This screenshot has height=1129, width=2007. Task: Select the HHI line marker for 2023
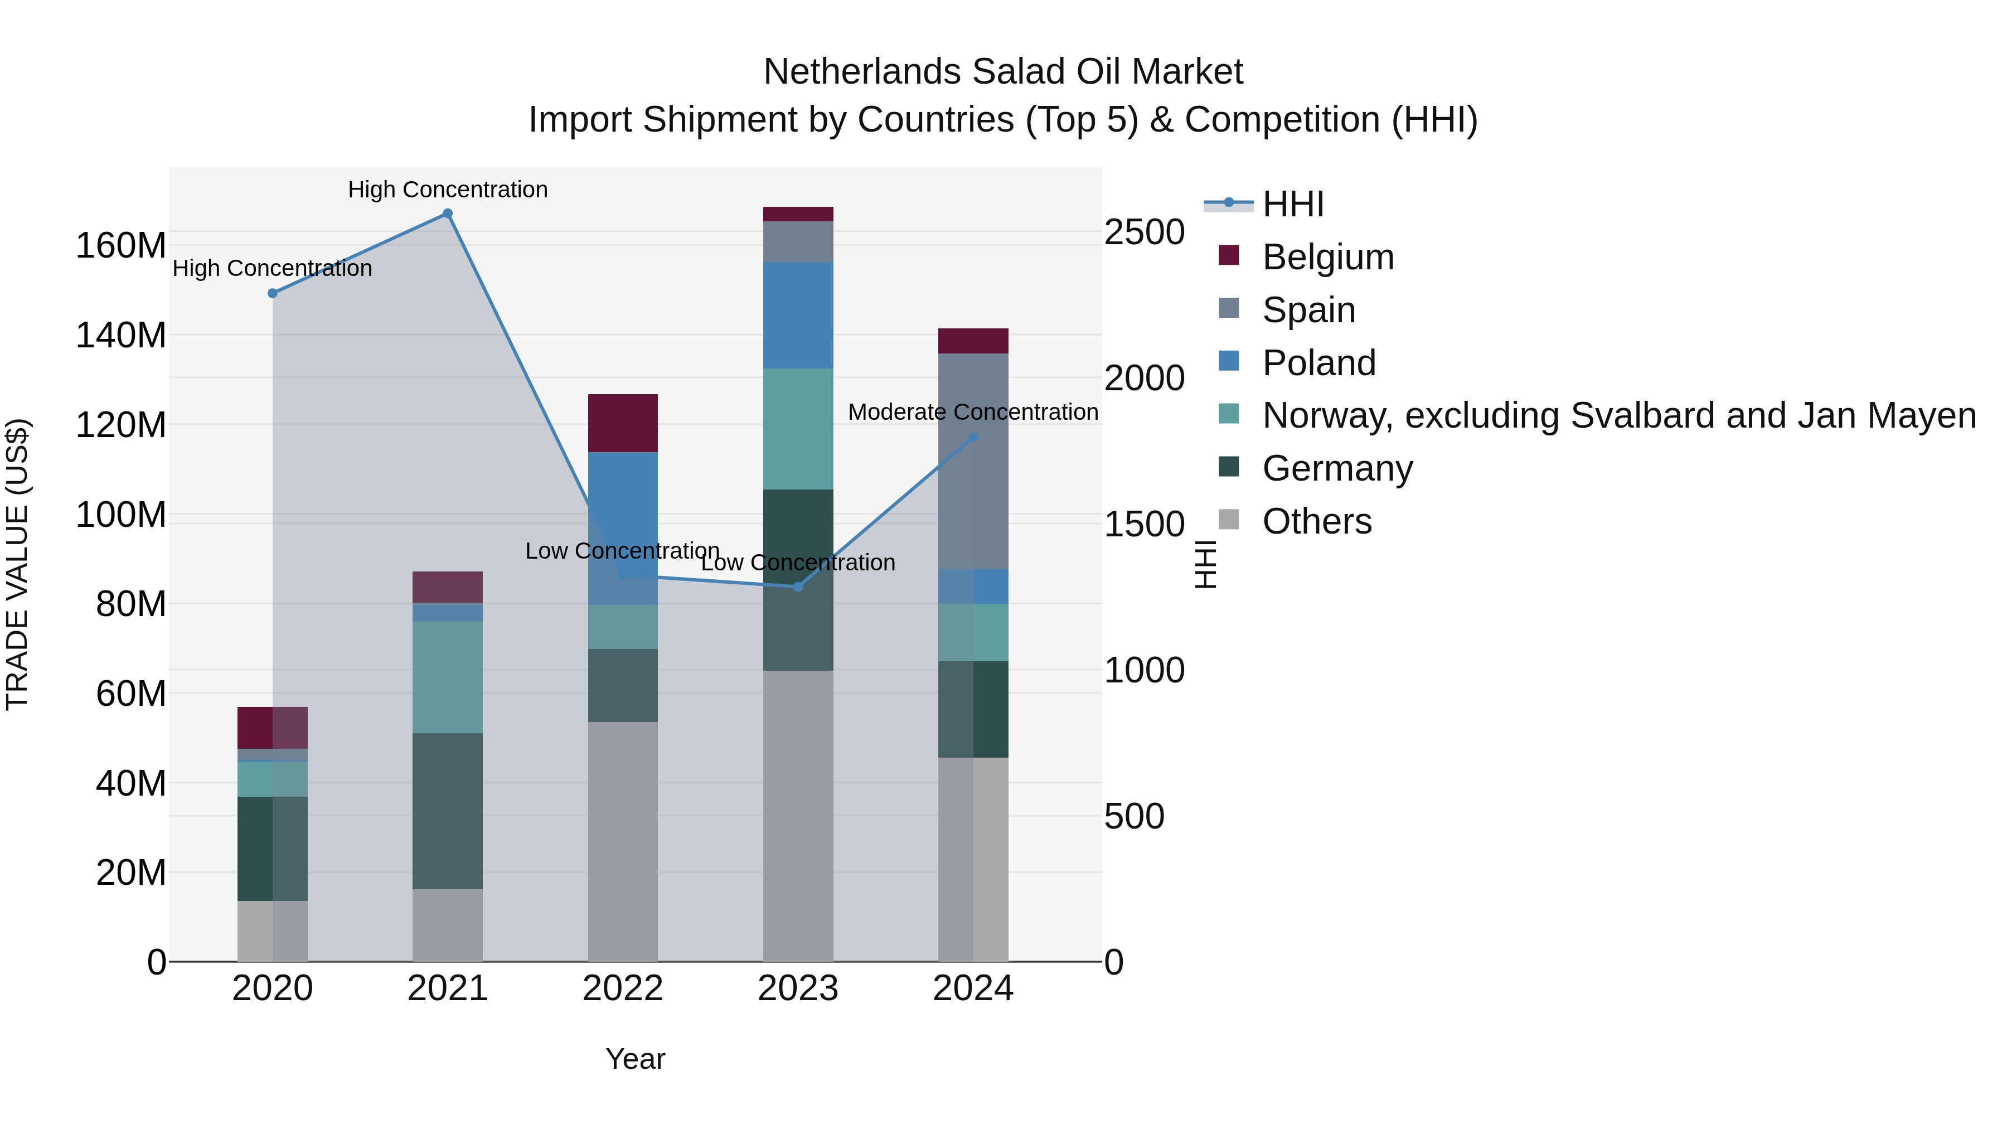(x=798, y=587)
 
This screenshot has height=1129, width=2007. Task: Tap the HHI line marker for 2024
(x=973, y=438)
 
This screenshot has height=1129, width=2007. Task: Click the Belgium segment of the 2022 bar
(x=623, y=423)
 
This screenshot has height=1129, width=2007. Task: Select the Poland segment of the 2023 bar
(x=798, y=316)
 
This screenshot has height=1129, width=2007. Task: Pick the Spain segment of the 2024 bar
(x=973, y=461)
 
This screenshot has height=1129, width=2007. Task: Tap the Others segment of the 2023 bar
(x=798, y=815)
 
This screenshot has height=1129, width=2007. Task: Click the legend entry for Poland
(x=1318, y=363)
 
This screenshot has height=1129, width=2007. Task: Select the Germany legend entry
(x=1337, y=468)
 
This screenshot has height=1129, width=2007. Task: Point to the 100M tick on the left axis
(x=121, y=515)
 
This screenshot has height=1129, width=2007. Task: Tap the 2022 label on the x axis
(x=623, y=989)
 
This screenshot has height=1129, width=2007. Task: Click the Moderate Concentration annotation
(x=973, y=412)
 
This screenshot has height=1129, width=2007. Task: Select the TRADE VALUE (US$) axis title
(x=17, y=564)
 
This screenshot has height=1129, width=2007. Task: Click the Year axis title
(x=635, y=1059)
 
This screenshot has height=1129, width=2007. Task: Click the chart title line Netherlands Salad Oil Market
(x=1003, y=72)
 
